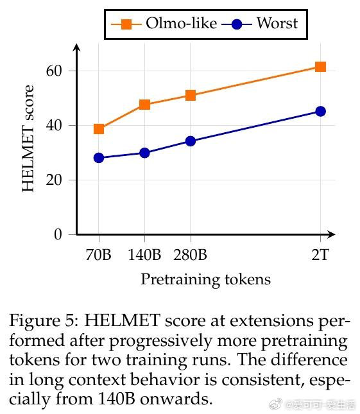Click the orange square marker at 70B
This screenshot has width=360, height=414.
coord(99,129)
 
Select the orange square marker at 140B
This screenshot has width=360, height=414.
coord(144,105)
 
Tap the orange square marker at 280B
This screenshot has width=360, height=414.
coord(191,95)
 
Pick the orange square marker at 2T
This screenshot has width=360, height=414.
coord(320,67)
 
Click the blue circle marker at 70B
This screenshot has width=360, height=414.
coord(99,158)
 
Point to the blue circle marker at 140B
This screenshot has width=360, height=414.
coord(144,153)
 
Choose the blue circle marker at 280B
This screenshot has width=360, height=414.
coord(191,141)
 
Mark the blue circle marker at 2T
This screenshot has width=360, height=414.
coord(320,112)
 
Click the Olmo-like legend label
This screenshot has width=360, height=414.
coord(182,23)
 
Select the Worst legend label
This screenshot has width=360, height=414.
coord(277,23)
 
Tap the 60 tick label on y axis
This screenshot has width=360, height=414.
coord(54,71)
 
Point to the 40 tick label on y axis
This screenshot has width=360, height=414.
coord(54,125)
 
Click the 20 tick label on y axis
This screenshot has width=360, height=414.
coord(54,180)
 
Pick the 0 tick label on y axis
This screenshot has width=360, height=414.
coord(58,234)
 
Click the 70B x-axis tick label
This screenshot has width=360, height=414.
coord(98,255)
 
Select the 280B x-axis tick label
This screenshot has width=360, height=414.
coord(190,255)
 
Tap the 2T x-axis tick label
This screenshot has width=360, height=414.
coord(320,255)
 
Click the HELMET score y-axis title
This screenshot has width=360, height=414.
coord(28,139)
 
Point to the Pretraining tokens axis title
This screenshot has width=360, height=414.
coord(206,280)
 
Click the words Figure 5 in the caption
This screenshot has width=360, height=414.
coord(44,321)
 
